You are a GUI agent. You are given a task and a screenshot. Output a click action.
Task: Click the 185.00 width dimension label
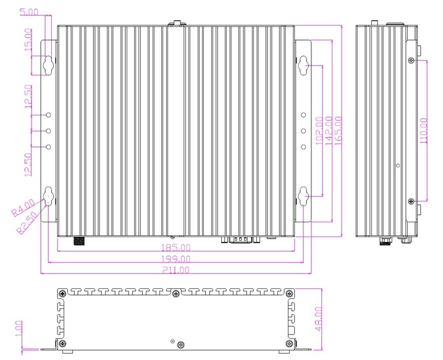point(175,248)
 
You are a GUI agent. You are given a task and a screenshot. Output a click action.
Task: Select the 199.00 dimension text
point(175,259)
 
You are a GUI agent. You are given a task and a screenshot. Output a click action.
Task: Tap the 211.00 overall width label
point(175,270)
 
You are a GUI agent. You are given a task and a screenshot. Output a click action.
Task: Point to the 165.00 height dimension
point(338,131)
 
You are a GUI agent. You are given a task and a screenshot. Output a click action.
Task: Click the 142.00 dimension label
point(328,131)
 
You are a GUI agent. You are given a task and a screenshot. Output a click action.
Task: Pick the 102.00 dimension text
point(319,131)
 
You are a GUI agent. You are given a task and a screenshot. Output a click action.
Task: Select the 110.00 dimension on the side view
point(424,131)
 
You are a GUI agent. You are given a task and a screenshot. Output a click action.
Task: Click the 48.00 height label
point(318,319)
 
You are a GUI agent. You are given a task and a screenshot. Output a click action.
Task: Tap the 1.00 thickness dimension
point(19,329)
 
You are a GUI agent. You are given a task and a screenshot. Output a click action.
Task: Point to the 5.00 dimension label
point(29,12)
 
